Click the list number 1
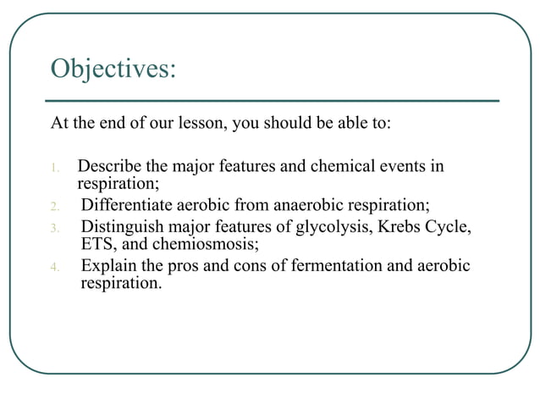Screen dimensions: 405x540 click(x=55, y=168)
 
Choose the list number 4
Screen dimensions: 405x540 click(x=55, y=269)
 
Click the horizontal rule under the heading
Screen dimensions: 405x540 click(x=274, y=101)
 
